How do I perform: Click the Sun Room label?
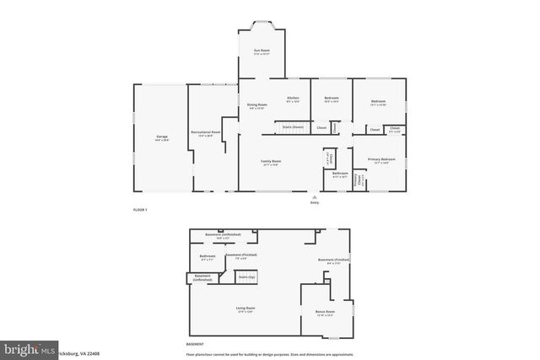coord(262,51)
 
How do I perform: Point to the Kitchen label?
coord(293,98)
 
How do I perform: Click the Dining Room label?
coord(256,105)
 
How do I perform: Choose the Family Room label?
coord(271,162)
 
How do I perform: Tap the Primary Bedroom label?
coord(381,159)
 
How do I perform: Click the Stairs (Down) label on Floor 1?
coord(293,127)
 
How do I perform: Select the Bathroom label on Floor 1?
coord(340,174)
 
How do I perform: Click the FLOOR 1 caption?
coord(140,209)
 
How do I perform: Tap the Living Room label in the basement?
coord(245,309)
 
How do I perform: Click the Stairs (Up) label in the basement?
coord(247,277)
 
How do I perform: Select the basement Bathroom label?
coord(207,256)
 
